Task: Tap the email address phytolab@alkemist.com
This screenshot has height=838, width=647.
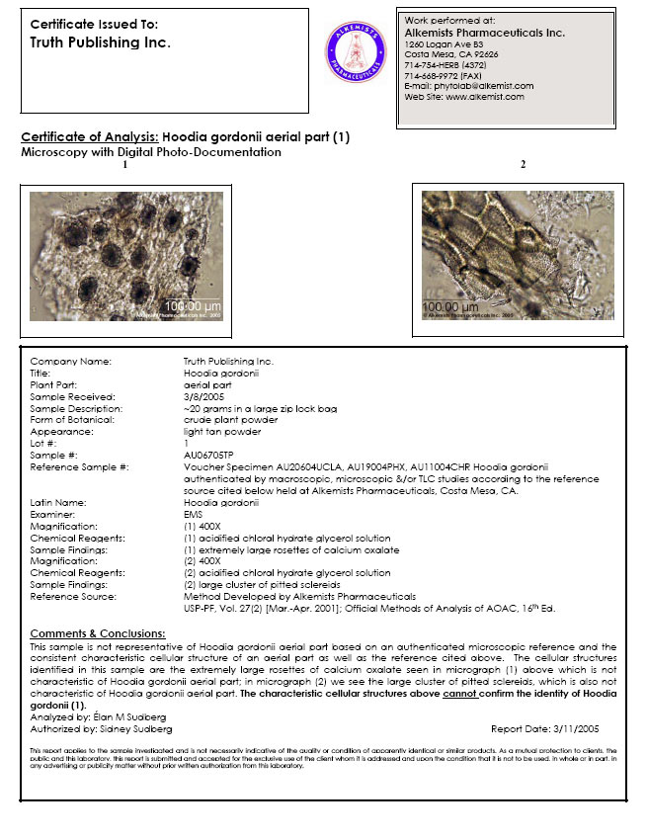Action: coord(468,86)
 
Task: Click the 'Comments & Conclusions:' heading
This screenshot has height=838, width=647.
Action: coord(98,632)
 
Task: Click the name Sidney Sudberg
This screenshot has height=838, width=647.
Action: coord(140,727)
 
